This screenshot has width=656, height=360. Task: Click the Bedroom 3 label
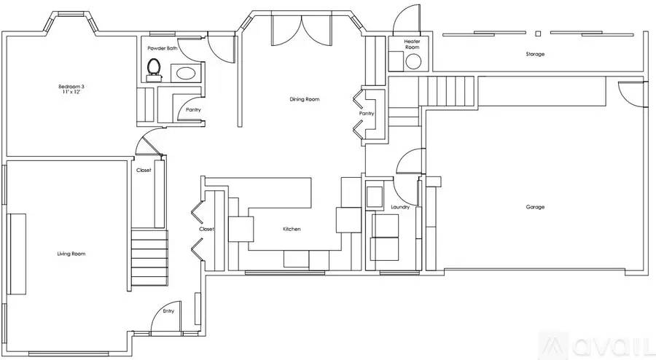pyautogui.click(x=71, y=87)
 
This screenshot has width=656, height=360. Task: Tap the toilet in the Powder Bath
pyautogui.click(x=154, y=68)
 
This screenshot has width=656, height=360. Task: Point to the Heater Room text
pyautogui.click(x=413, y=44)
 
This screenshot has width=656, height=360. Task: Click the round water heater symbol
pyautogui.click(x=414, y=61)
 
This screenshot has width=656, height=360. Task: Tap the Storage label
pyautogui.click(x=536, y=54)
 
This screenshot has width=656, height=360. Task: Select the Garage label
pyautogui.click(x=535, y=207)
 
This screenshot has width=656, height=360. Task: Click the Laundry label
pyautogui.click(x=400, y=207)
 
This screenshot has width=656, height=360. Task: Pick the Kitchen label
pyautogui.click(x=292, y=229)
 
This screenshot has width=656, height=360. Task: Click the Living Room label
pyautogui.click(x=71, y=254)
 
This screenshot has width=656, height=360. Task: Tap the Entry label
pyautogui.click(x=168, y=311)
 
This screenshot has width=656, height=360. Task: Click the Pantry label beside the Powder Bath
pyautogui.click(x=193, y=109)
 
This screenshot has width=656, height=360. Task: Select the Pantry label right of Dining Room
pyautogui.click(x=366, y=114)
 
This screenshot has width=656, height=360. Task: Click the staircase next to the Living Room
pyautogui.click(x=149, y=259)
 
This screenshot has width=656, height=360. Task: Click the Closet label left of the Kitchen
pyautogui.click(x=207, y=229)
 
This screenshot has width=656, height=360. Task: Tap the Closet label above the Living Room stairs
pyautogui.click(x=144, y=170)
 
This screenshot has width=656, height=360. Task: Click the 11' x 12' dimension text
pyautogui.click(x=71, y=93)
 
